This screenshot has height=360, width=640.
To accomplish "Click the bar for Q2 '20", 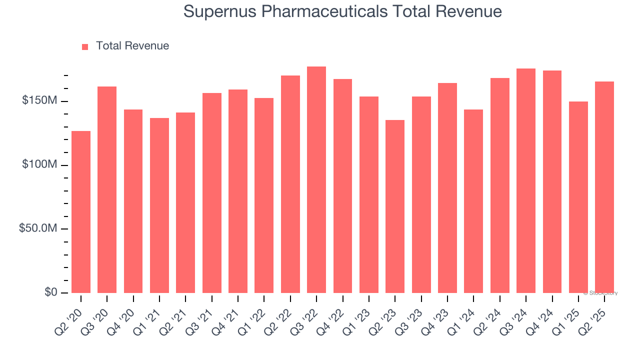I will pos(81,211).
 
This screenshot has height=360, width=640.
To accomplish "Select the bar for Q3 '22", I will pos(316,179).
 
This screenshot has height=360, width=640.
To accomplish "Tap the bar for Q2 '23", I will pos(395,206).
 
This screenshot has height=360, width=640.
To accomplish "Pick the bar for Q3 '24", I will pos(526,180).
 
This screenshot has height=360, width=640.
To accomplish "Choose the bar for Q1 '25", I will pos(578,197).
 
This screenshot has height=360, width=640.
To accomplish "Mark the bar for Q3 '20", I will pos(107,189).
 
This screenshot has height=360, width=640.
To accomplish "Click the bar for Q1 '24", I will pos(473,201).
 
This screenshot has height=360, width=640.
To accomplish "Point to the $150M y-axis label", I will pos(39,101).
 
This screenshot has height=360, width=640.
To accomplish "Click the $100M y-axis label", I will pos(39,165).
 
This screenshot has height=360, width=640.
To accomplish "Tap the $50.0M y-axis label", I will pos(37,228).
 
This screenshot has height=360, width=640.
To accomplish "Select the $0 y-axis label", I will pos(50,292).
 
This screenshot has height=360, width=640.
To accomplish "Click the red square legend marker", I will pos(85,46).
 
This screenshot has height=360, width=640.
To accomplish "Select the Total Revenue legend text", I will pos(132,46).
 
